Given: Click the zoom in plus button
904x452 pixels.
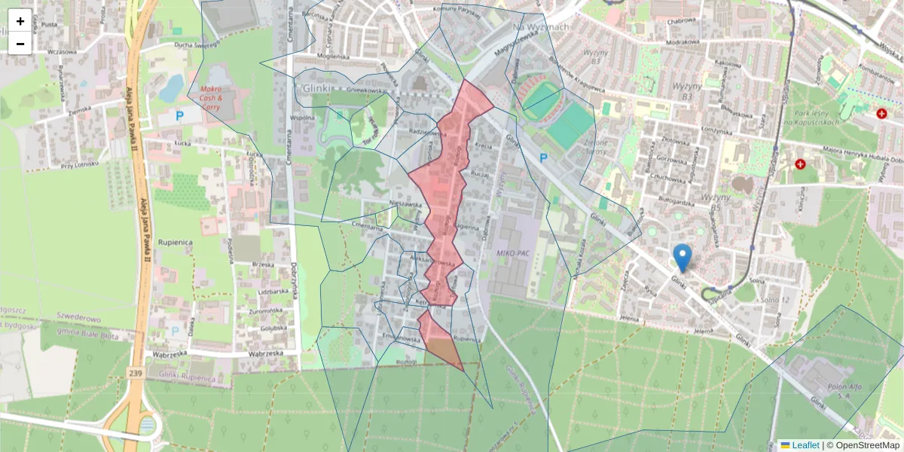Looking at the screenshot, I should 20,21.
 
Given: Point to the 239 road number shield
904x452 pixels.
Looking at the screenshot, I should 135,373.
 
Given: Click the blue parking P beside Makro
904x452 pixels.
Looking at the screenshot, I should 179,116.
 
